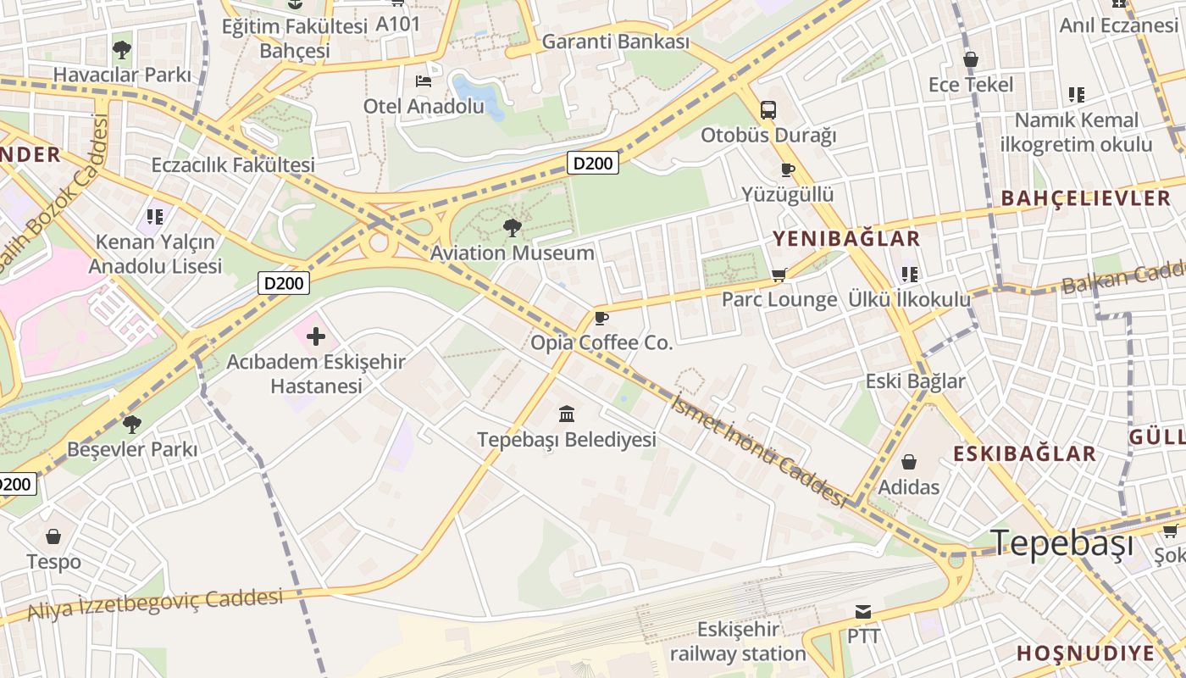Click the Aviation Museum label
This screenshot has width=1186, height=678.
tap(512, 253)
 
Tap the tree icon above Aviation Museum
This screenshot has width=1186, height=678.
tap(512, 227)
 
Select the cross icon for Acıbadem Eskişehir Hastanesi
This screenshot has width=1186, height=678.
tap(315, 336)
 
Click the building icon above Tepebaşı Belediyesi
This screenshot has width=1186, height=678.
tap(567, 414)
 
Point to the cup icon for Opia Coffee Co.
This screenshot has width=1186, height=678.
tap(601, 319)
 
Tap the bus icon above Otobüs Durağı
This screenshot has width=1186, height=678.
tap(768, 110)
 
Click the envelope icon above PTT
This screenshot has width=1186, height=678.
tap(863, 612)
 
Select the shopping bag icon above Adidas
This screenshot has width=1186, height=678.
tap(908, 462)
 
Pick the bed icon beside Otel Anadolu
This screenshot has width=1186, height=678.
tap(424, 81)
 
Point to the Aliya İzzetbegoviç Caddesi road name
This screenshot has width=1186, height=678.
tap(155, 604)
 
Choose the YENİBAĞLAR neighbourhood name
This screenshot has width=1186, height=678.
tap(845, 239)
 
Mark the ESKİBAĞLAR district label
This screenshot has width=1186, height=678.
tap(1024, 453)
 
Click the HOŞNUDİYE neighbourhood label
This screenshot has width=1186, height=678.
tap(1084, 653)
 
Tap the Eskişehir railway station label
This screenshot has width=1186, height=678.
tap(737, 642)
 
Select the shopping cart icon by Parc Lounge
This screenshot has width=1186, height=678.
tap(779, 275)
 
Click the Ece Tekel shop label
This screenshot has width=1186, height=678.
tap(970, 85)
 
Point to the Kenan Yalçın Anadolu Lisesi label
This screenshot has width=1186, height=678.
tap(156, 254)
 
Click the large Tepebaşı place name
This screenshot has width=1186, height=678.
tap(1061, 543)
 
